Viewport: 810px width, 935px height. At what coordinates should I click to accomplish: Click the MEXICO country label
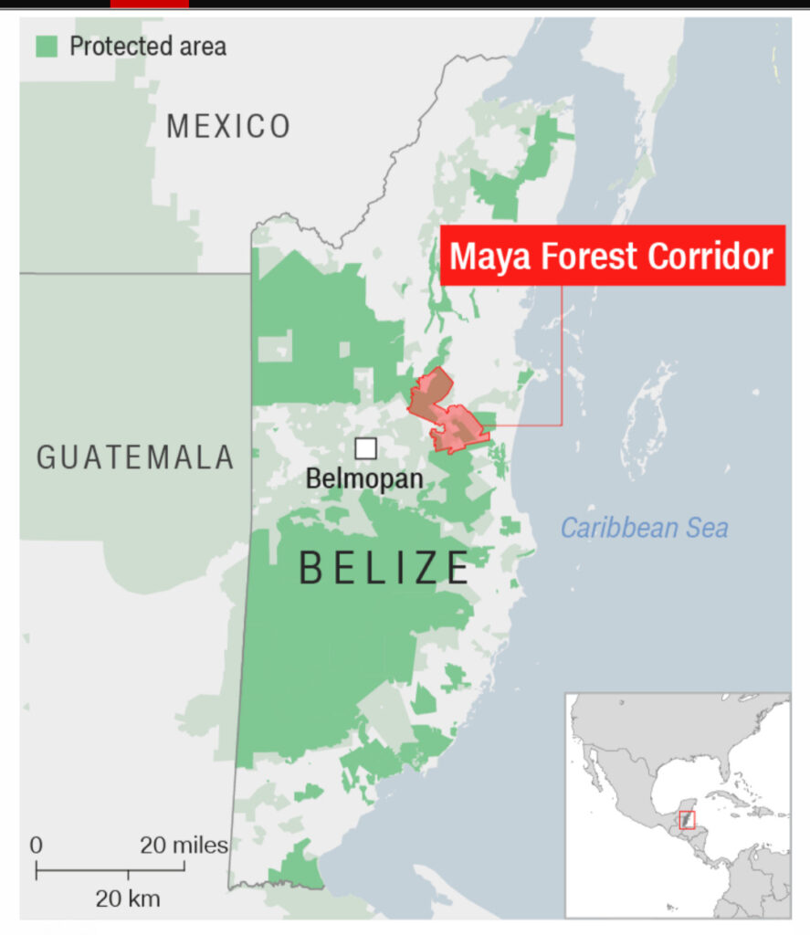(x=227, y=126)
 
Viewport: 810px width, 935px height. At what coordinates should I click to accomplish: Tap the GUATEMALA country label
(x=135, y=457)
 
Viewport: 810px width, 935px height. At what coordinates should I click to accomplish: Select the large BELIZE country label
(x=384, y=568)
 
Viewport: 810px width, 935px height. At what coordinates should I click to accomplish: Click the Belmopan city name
(x=363, y=478)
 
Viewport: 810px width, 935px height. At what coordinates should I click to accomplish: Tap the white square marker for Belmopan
(x=365, y=448)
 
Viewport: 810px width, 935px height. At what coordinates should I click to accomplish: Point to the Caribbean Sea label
(x=644, y=528)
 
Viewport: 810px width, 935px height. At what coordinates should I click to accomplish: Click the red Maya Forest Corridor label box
(x=612, y=256)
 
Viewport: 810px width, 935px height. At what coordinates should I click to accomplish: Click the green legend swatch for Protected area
(x=47, y=45)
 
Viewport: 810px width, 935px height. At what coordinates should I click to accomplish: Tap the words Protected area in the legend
(x=148, y=45)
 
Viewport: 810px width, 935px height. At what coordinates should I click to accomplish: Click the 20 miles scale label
(x=184, y=846)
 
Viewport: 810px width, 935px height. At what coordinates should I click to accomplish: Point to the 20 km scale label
(x=127, y=898)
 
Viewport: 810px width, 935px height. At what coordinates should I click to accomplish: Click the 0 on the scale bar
(x=37, y=846)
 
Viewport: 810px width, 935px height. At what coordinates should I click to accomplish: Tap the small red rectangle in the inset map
(x=687, y=820)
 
